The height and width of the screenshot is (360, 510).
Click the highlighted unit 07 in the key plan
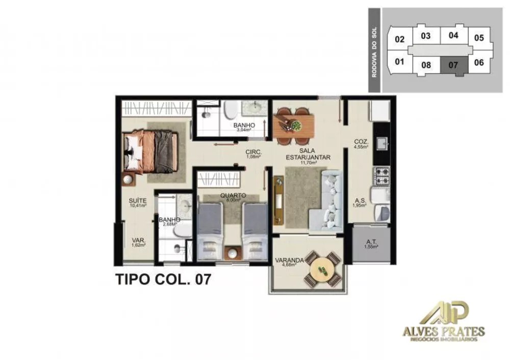pyautogui.click(x=453, y=65)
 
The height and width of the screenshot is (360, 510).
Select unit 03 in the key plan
pyautogui.click(x=426, y=36)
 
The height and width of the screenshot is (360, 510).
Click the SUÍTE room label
pyautogui.click(x=137, y=201)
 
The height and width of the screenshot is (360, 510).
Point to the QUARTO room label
pyautogui.click(x=233, y=195)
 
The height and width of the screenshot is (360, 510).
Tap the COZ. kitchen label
pyautogui.click(x=361, y=142)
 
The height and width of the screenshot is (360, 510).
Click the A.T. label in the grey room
pyautogui.click(x=371, y=243)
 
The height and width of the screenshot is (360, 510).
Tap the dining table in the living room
pyautogui.click(x=294, y=124)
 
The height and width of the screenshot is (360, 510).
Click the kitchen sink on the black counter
pyautogui.click(x=381, y=144)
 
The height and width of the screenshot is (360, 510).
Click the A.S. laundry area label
pyautogui.click(x=359, y=202)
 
